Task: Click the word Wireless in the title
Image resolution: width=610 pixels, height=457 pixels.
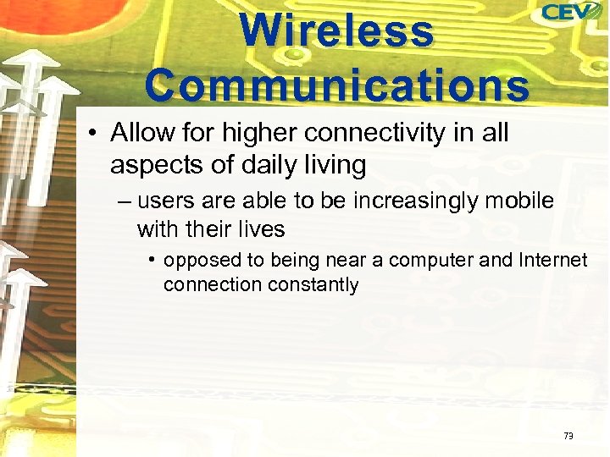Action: [x=336, y=31]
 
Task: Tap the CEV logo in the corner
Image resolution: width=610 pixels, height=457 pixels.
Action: [x=571, y=13]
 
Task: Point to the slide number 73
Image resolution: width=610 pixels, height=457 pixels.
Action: [x=568, y=436]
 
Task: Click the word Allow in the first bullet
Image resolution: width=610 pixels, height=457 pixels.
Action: [x=139, y=134]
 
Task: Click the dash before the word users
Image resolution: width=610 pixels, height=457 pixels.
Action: [x=125, y=201]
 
